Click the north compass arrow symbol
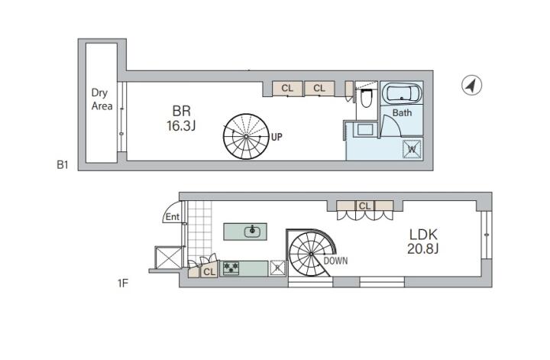471,86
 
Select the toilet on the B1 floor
365,97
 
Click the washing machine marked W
412,149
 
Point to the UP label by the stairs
277,137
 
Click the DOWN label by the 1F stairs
335,261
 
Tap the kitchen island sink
252,232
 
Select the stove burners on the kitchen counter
231,268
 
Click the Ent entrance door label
172,217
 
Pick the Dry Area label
102,99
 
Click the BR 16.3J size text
181,118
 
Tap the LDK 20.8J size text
423,241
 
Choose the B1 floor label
63,164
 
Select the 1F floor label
122,283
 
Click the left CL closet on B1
287,88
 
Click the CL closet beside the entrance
209,271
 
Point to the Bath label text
402,112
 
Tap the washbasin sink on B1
365,130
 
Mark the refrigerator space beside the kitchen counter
277,268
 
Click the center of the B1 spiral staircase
246,136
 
